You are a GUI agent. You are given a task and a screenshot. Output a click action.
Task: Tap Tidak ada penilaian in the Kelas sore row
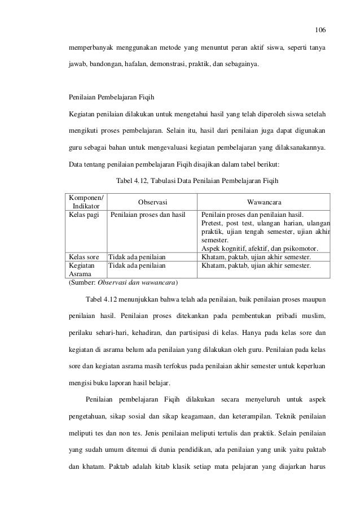(137, 257)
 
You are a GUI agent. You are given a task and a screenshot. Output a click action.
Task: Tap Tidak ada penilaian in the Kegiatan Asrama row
(137, 265)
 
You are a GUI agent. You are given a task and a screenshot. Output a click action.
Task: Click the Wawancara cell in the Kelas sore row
(256, 257)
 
